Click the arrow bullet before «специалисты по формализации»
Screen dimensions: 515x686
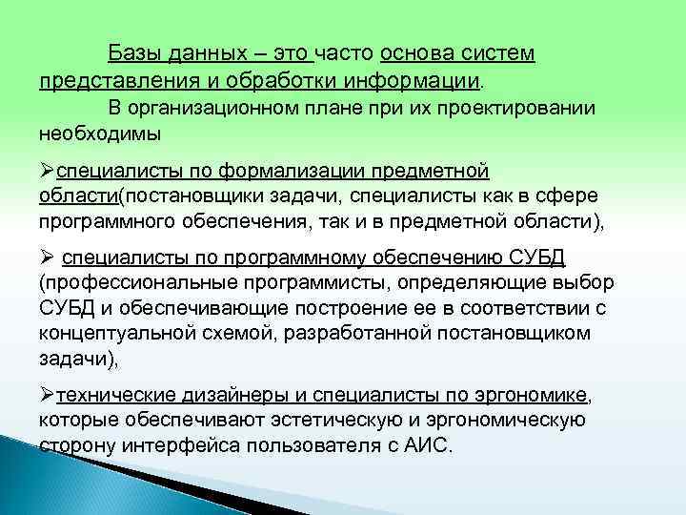click(x=48, y=171)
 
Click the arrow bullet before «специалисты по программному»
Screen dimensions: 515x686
click(x=48, y=257)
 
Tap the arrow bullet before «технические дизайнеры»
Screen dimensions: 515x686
click(x=48, y=395)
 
